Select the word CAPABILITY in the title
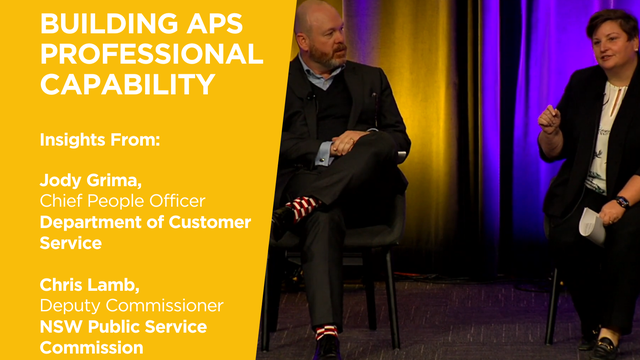[x=127, y=85]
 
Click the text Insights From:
[x=99, y=139]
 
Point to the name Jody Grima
[x=87, y=181]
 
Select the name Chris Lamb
[x=85, y=285]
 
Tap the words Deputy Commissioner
[x=131, y=305]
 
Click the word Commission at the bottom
[x=91, y=347]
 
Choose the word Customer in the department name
[x=207, y=222]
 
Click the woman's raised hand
[x=549, y=117]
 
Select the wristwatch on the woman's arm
[x=622, y=203]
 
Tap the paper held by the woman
[x=591, y=225]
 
